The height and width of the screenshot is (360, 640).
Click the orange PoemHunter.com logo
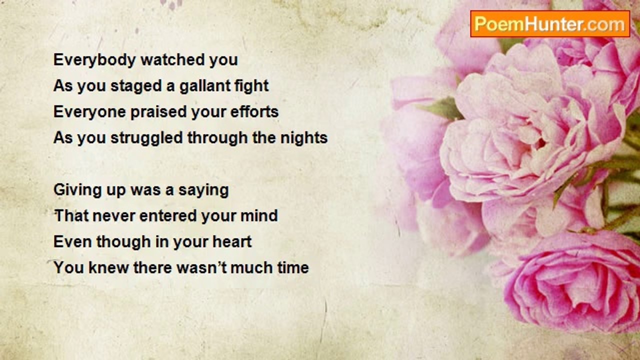point(550,24)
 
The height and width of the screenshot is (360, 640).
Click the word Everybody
point(94,60)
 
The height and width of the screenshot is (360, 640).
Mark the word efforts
point(254,111)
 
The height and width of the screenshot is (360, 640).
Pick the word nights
point(303,138)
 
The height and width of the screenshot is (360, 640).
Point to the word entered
point(167,216)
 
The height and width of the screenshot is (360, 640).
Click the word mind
point(259,216)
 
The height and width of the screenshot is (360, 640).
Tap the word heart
point(232,242)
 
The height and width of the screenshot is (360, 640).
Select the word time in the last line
point(293,268)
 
